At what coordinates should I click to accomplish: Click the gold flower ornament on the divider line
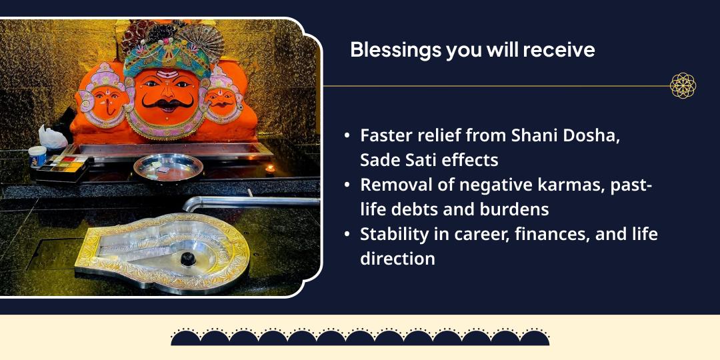(x=683, y=85)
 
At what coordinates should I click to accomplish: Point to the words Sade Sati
(x=393, y=160)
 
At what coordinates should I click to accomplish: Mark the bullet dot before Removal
(x=347, y=185)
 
